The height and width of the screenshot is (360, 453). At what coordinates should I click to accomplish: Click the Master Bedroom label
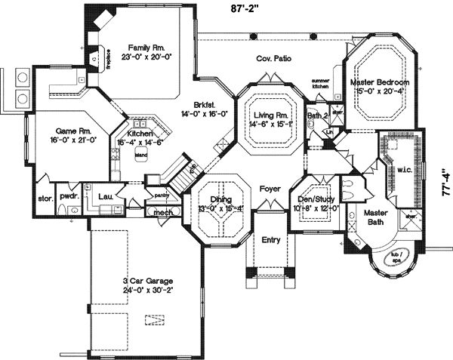point(381,82)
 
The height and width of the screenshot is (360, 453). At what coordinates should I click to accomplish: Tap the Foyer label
point(270,188)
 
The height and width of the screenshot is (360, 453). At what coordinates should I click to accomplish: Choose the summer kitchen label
point(322,84)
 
